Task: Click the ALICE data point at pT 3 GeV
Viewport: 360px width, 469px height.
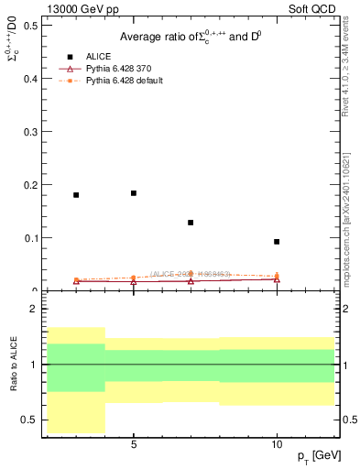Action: click(76, 195)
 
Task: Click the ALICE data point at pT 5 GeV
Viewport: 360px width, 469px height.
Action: click(134, 193)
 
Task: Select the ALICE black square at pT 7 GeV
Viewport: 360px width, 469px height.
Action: click(191, 223)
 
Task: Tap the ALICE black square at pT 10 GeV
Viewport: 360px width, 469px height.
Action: click(277, 242)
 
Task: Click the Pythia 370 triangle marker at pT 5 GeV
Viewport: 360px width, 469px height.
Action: click(134, 282)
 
